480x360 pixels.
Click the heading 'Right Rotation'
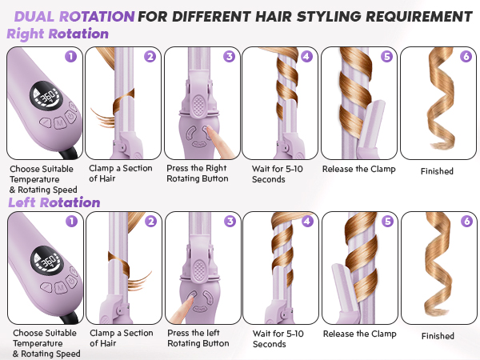58,34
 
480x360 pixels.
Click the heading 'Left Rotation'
54,202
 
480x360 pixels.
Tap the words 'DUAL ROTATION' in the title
74,14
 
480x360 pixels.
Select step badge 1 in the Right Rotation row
70,57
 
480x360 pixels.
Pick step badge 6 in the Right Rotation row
466,57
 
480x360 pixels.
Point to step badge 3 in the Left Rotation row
229,222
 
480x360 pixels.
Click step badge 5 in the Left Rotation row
387,222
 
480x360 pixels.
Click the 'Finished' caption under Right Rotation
437,170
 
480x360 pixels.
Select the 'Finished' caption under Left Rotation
437,337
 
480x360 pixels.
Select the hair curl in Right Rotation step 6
437,104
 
